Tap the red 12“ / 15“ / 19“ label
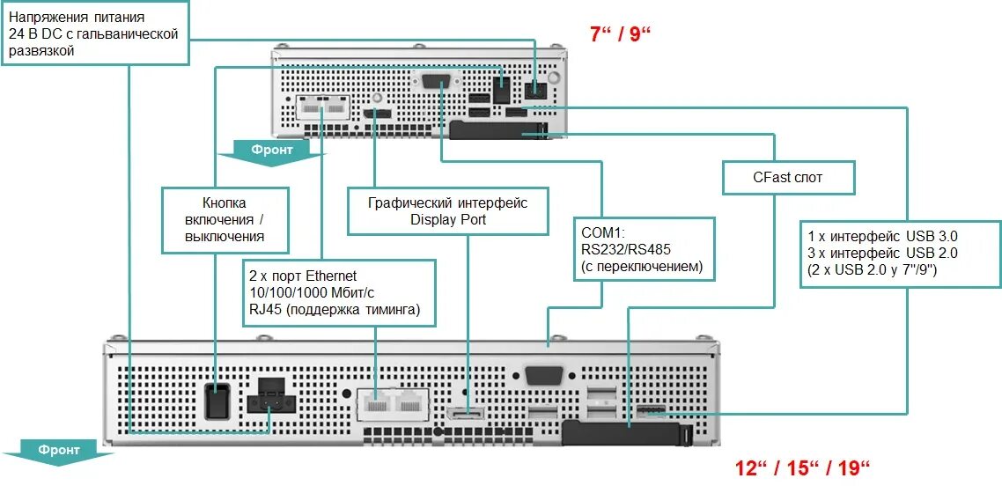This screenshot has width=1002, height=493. click(802, 467)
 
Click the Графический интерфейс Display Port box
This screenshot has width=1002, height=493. click(447, 210)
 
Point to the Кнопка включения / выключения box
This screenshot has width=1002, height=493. click(225, 219)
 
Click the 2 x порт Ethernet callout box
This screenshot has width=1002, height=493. click(338, 291)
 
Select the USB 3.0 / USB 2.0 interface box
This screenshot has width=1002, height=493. click(900, 253)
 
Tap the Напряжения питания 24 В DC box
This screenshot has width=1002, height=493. click(95, 33)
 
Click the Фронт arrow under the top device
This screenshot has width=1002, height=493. click(269, 151)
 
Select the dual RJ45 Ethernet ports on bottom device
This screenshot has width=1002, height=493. click(394, 406)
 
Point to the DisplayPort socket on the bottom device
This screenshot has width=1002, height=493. click(465, 416)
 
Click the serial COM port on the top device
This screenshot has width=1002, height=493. click(438, 83)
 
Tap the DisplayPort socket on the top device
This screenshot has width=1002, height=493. click(376, 115)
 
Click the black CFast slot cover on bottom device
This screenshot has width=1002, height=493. click(616, 434)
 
